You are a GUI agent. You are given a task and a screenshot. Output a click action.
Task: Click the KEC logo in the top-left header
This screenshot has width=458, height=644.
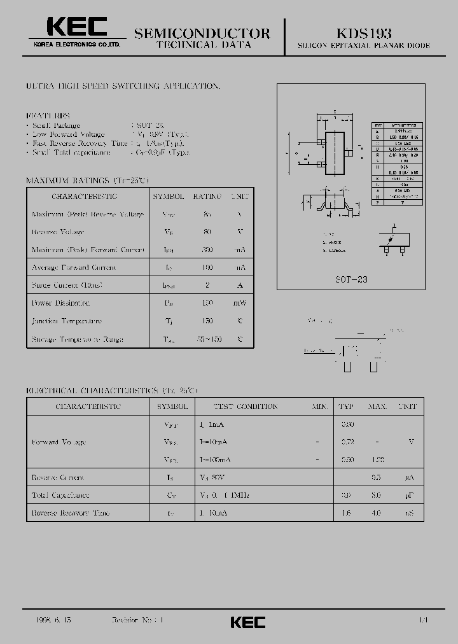point(77,27)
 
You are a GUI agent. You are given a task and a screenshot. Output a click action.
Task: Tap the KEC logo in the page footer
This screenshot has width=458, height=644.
point(247,622)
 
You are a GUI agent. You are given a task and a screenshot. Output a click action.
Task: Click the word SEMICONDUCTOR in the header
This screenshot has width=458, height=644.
point(202,33)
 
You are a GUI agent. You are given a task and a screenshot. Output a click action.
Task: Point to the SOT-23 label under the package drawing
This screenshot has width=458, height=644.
point(352,279)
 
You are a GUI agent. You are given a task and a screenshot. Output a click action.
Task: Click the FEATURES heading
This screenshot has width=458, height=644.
point(48,116)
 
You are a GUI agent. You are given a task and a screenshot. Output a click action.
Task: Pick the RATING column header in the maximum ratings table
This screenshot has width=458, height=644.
point(207,197)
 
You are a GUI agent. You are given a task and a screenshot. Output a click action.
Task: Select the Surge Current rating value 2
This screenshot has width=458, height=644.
point(207,286)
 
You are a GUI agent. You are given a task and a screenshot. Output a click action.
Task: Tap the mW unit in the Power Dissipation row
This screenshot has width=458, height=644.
point(240,304)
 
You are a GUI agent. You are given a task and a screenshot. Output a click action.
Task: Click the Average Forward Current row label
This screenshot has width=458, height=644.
point(74,268)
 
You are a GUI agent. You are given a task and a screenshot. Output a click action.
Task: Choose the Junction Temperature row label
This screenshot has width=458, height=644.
point(67,321)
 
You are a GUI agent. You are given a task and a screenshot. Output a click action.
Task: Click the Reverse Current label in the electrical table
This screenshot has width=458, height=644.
point(58,477)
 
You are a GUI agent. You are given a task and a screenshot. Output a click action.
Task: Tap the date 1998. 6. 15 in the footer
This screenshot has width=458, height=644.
point(46,619)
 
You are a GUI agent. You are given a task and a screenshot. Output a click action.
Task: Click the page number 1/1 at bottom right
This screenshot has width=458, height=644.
point(423,619)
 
